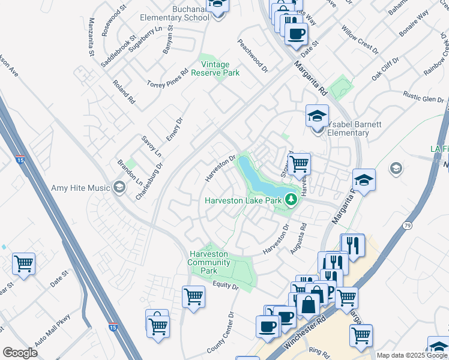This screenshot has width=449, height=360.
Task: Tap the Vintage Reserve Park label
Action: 215,68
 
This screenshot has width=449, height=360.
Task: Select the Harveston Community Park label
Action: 209,262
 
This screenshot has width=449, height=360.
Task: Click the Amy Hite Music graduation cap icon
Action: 119,188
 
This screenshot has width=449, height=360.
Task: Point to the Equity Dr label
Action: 225,285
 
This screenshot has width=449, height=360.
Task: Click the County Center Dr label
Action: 220,332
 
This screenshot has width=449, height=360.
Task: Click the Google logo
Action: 20,353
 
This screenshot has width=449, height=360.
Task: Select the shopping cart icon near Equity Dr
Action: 193,296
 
